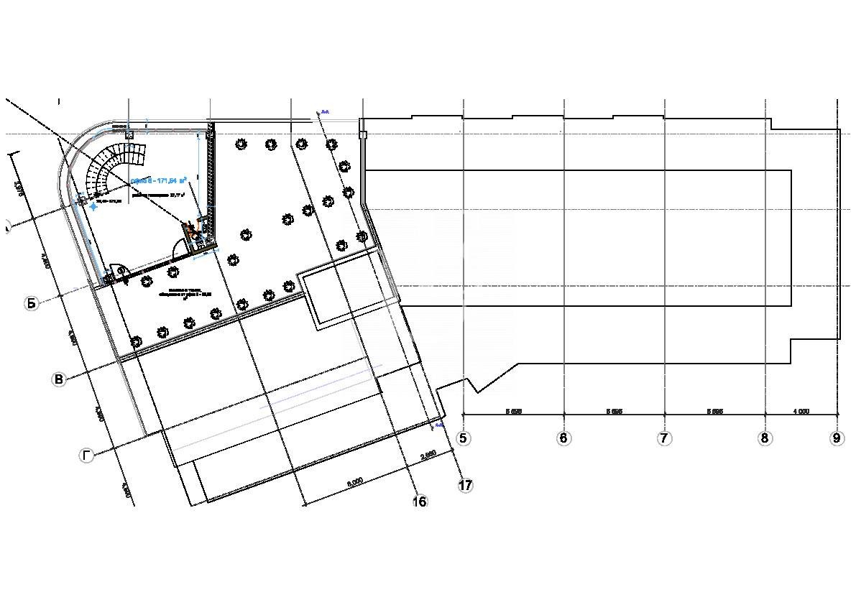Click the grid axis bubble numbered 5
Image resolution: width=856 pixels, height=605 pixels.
point(464,438)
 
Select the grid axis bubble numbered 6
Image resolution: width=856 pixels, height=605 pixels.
point(563,438)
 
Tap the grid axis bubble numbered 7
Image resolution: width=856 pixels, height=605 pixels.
point(664,438)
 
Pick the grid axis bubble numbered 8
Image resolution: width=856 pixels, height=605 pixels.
point(765,438)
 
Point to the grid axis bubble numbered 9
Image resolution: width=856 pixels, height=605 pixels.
point(837,438)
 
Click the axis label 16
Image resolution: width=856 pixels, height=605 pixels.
point(420,502)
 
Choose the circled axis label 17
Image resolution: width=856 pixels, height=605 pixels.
point(465,486)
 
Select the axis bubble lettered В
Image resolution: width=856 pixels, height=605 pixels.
point(59,379)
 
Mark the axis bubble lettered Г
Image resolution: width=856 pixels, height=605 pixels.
point(87,456)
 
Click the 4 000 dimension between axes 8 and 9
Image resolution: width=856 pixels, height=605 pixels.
point(801,411)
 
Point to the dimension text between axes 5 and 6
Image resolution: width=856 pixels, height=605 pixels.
point(513,411)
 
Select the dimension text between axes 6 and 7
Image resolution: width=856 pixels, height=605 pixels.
point(614,411)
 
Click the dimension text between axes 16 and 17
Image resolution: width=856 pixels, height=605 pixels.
point(428,455)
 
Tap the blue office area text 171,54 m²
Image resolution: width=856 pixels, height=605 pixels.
point(160,180)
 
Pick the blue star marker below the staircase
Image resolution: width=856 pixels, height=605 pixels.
point(93,206)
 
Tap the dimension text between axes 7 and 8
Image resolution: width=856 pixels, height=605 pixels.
point(714,411)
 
